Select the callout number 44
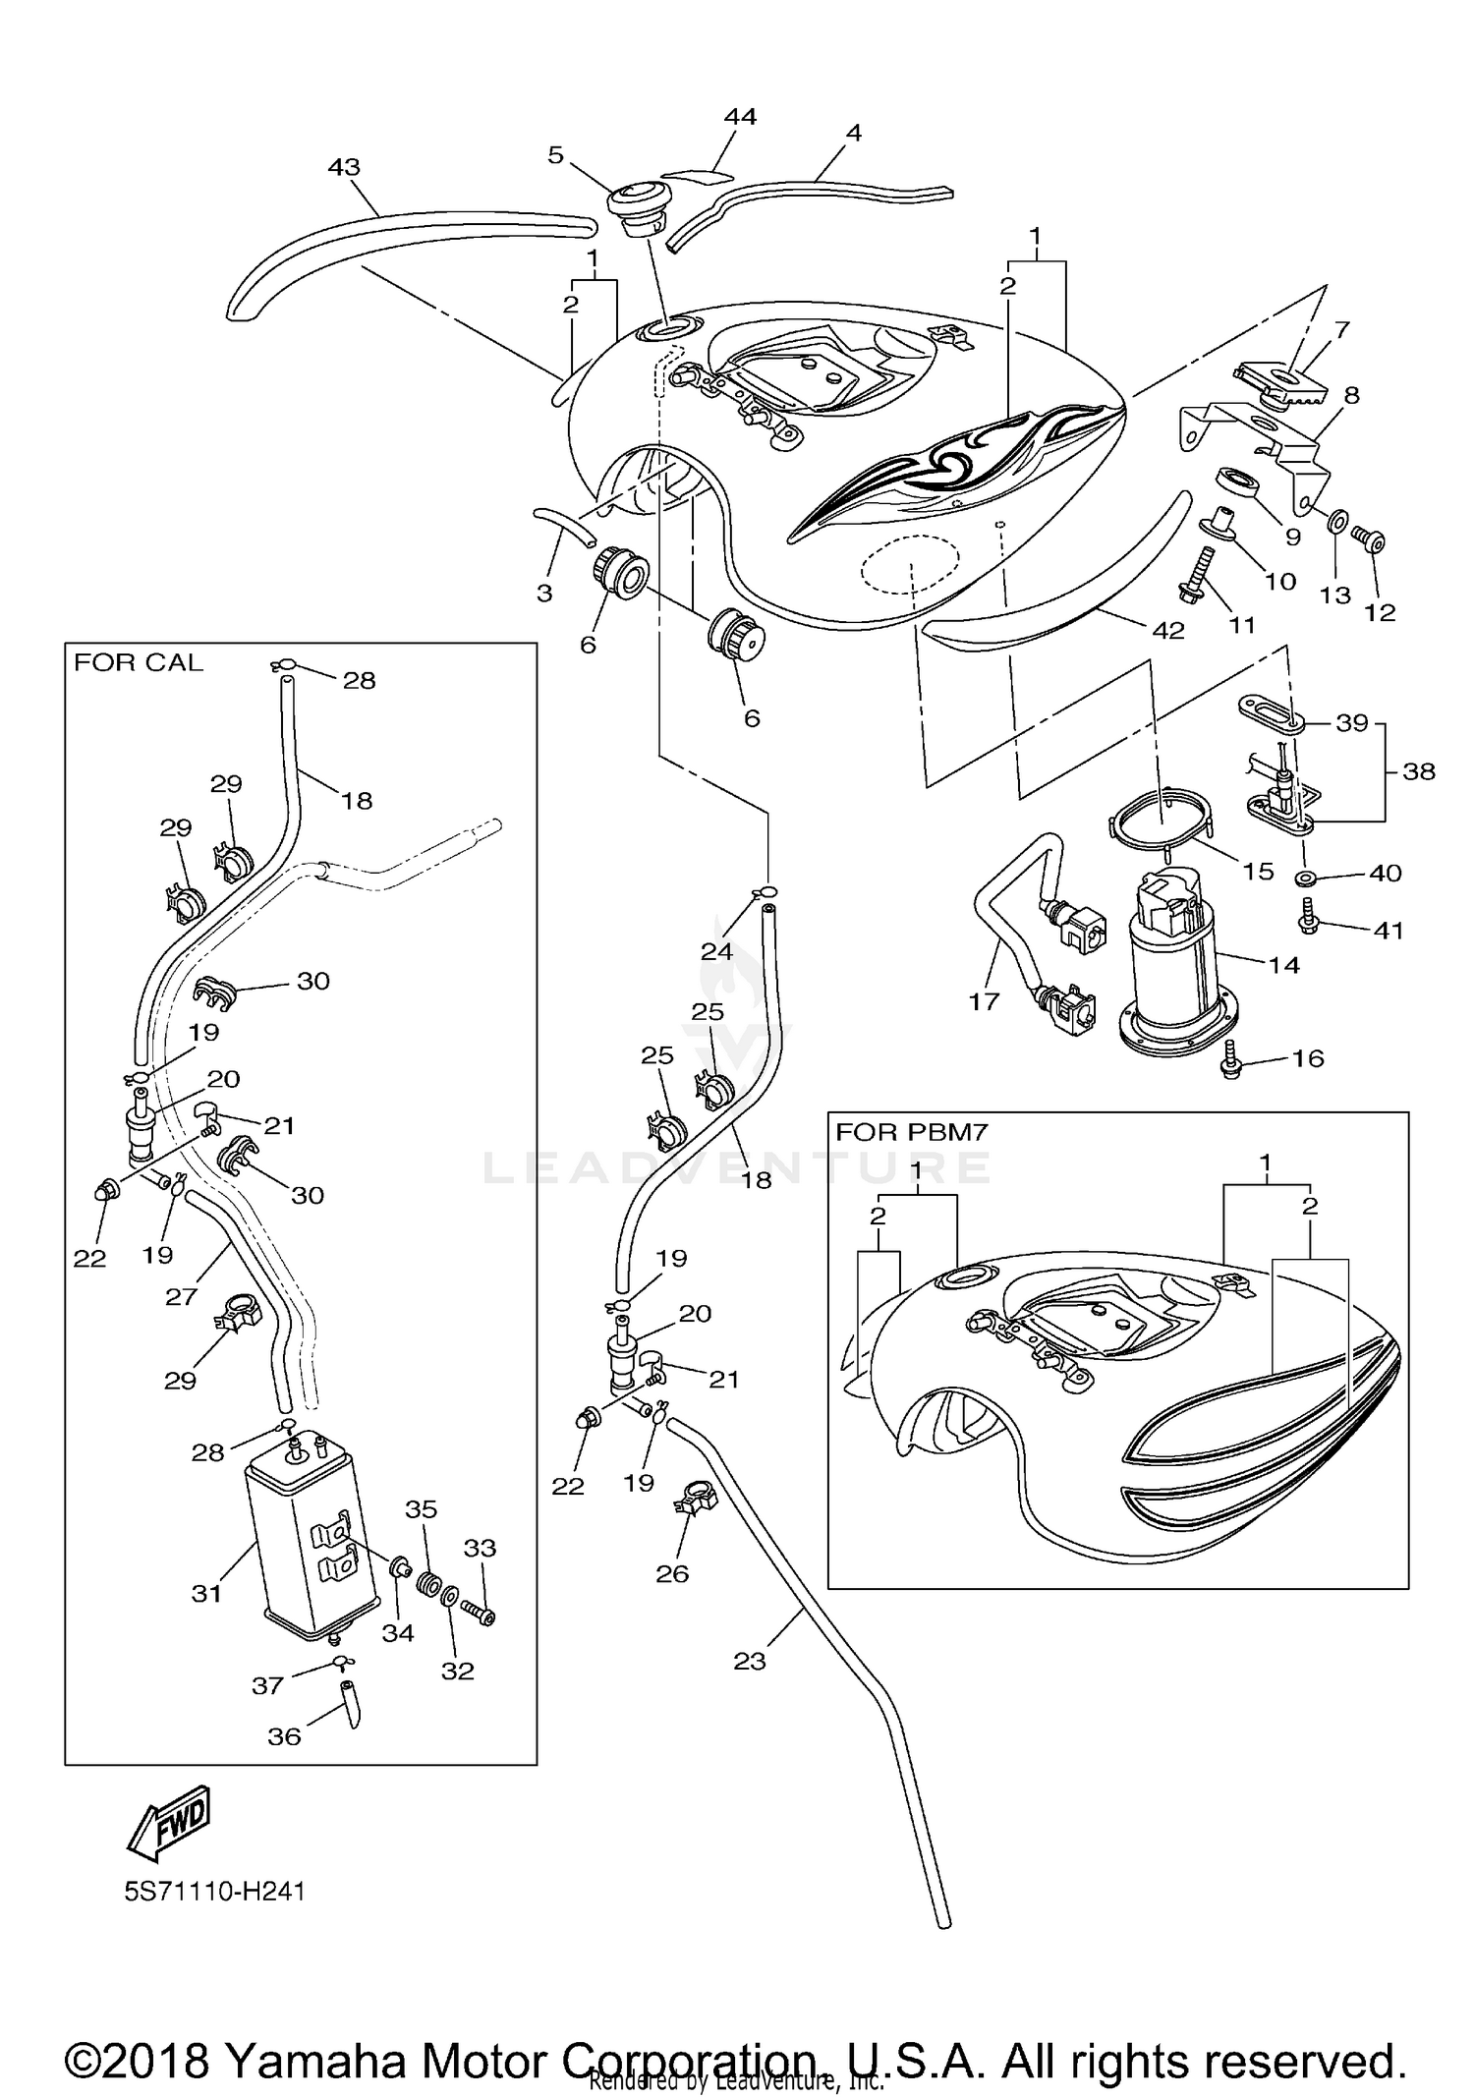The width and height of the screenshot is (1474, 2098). coord(740,116)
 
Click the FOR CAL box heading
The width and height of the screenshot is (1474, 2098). coord(139,662)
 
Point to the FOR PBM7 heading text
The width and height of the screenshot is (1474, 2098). coord(911,1131)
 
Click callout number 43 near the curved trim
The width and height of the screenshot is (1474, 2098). coord(344,167)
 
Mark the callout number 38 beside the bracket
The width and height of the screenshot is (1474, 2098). coord(1419,771)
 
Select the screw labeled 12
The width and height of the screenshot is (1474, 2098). coord(1369,539)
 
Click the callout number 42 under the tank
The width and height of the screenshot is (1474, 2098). coord(1167,630)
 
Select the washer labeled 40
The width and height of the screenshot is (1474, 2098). coord(1307,876)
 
